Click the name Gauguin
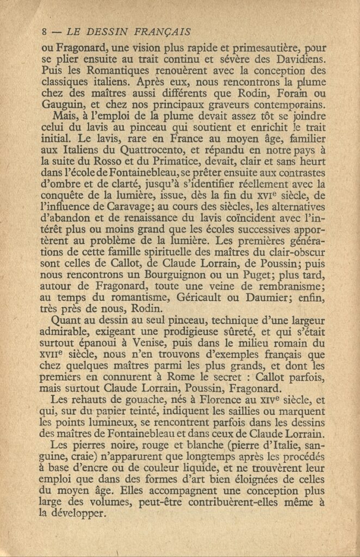(x=60, y=106)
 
